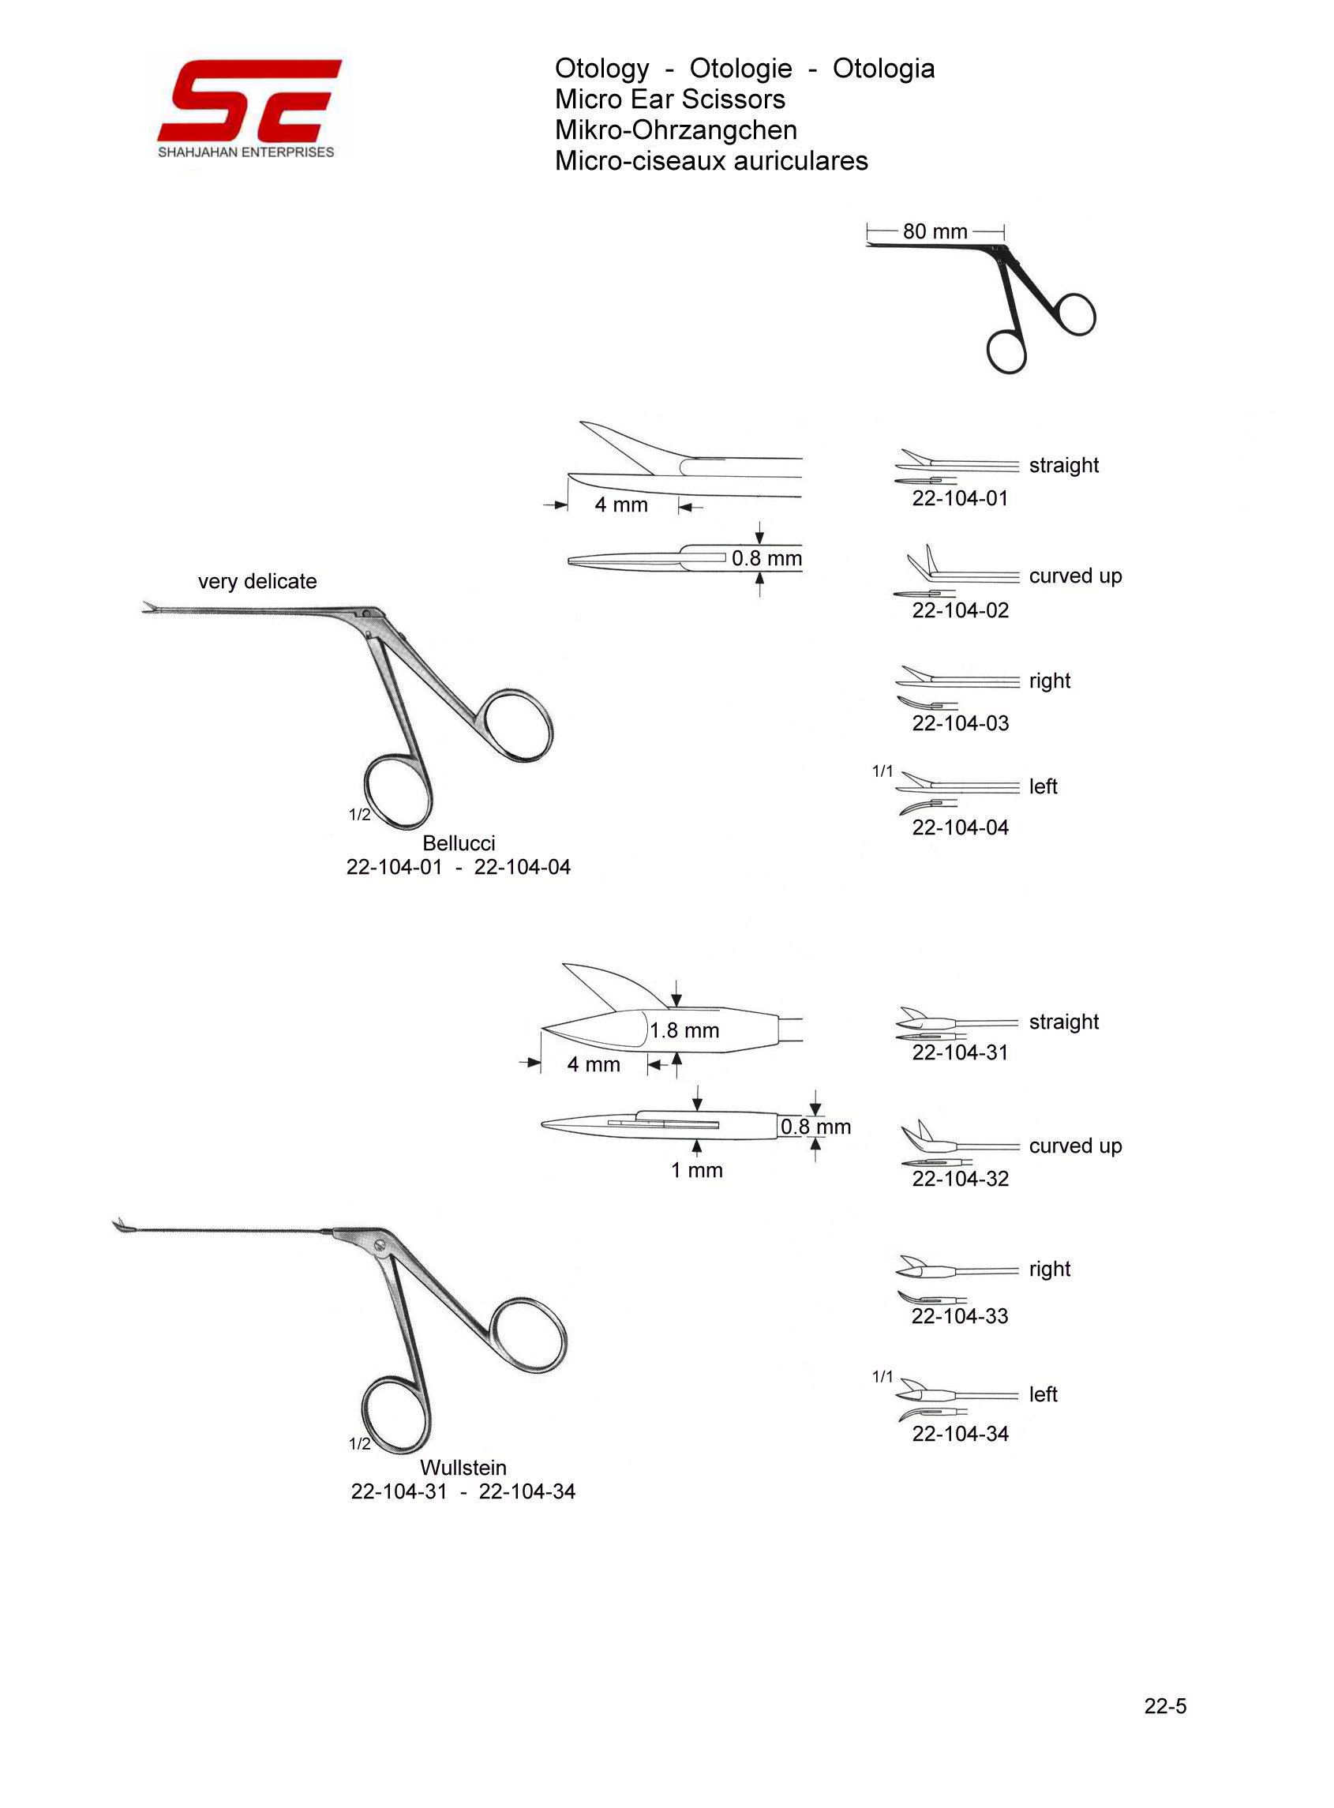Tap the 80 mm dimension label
coord(935,232)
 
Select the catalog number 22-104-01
coord(960,498)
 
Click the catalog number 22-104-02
coord(960,610)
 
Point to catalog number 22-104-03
coord(960,723)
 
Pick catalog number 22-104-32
coord(960,1179)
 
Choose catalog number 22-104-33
coord(960,1316)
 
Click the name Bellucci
coord(459,843)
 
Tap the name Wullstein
coord(463,1467)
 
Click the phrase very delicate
coord(257,581)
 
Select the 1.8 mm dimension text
coord(685,1030)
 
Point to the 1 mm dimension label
coord(697,1170)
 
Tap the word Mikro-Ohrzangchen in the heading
coord(676,130)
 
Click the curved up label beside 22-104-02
coord(1076,576)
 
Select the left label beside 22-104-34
coord(1044,1394)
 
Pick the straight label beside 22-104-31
coord(1064,1022)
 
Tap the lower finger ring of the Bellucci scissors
coord(399,791)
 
